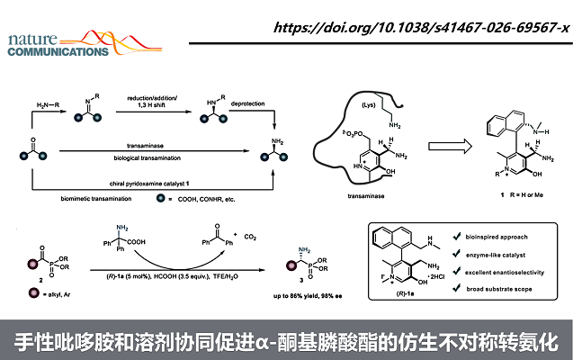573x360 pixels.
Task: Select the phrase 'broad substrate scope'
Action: point(501,290)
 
